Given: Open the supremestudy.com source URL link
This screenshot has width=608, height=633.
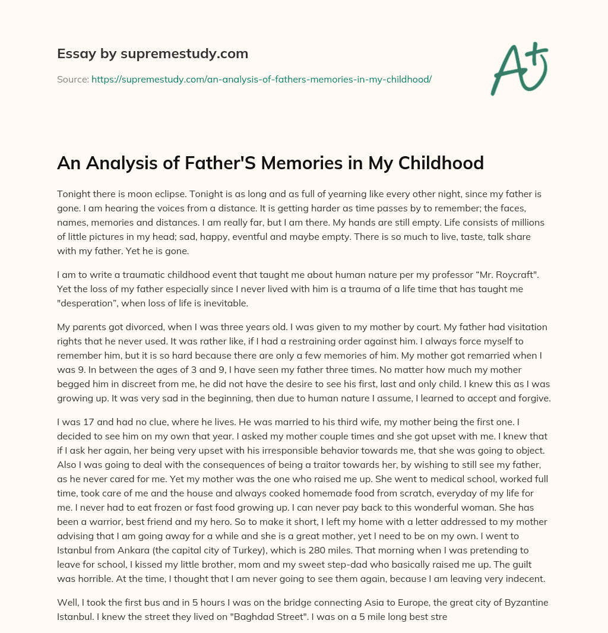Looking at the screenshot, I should pos(261,79).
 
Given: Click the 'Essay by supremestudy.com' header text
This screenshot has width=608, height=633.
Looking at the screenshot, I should pos(153,54).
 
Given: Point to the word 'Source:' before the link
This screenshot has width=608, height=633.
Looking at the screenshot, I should pos(72,79).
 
